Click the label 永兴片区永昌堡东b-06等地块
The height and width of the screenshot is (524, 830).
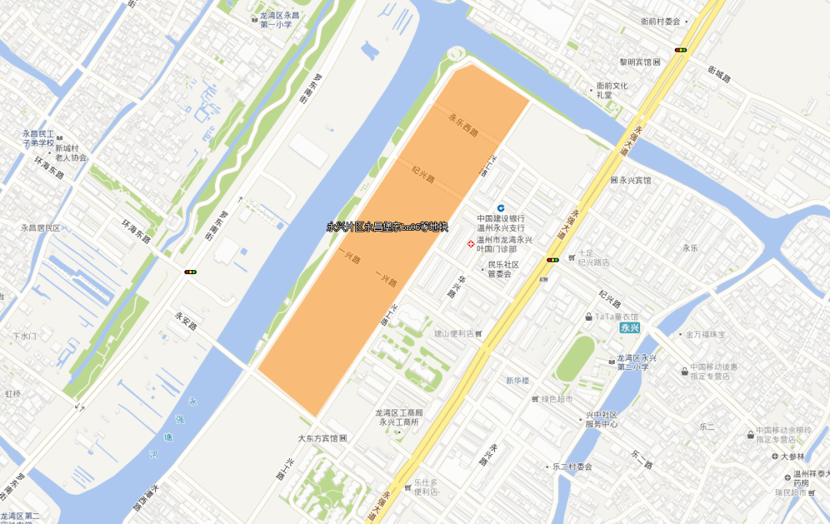pyautogui.click(x=387, y=227)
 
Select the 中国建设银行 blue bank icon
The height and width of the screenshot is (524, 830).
pyautogui.click(x=501, y=209)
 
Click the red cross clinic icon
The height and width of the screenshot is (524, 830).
pyautogui.click(x=472, y=245)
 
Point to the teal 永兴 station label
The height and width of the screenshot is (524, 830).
pyautogui.click(x=630, y=328)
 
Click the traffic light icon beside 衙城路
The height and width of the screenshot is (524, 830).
pyautogui.click(x=680, y=50)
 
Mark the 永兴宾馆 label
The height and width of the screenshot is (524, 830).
pyautogui.click(x=635, y=180)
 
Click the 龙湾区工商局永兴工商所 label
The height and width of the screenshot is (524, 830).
pyautogui.click(x=398, y=417)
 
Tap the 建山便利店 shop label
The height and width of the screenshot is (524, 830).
pyautogui.click(x=453, y=333)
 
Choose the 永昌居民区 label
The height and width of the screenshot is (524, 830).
pyautogui.click(x=41, y=228)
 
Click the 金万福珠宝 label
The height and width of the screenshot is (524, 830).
pyautogui.click(x=711, y=335)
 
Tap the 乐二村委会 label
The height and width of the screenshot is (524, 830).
pyautogui.click(x=573, y=466)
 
